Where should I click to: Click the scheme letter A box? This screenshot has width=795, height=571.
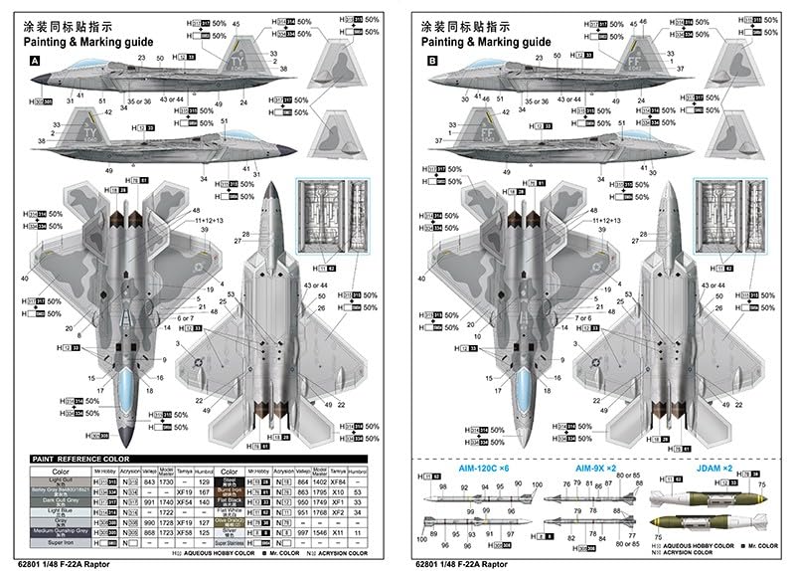(36, 61)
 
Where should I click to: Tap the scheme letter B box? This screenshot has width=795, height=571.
(432, 61)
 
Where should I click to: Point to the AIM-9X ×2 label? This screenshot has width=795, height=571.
(595, 469)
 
